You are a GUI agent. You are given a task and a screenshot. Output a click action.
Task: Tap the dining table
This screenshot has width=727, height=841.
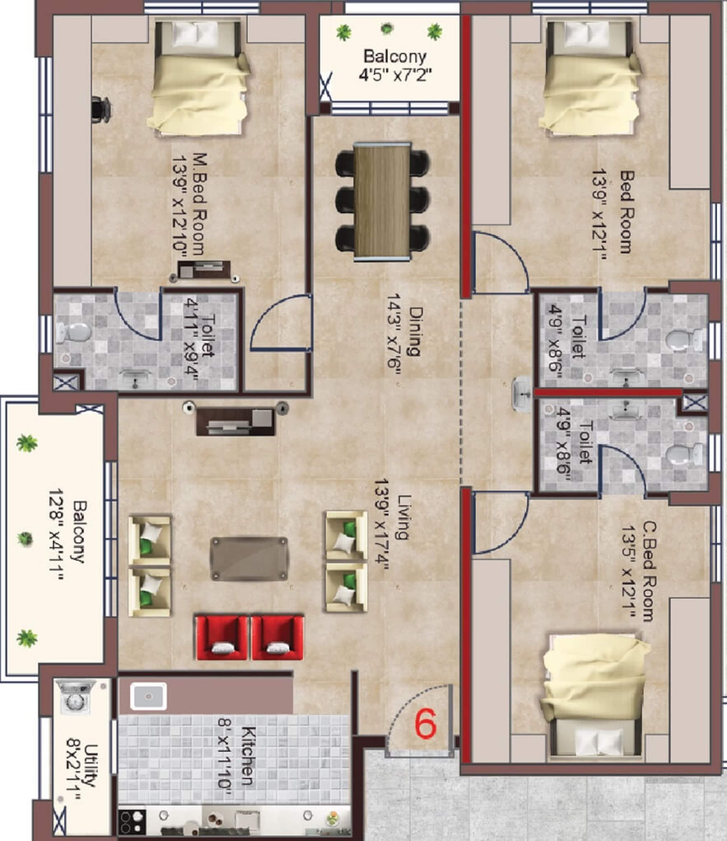point(382,201)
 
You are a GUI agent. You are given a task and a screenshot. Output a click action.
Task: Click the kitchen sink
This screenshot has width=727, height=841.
point(148,696)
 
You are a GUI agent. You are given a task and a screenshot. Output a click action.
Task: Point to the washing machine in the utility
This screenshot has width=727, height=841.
point(74,697)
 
